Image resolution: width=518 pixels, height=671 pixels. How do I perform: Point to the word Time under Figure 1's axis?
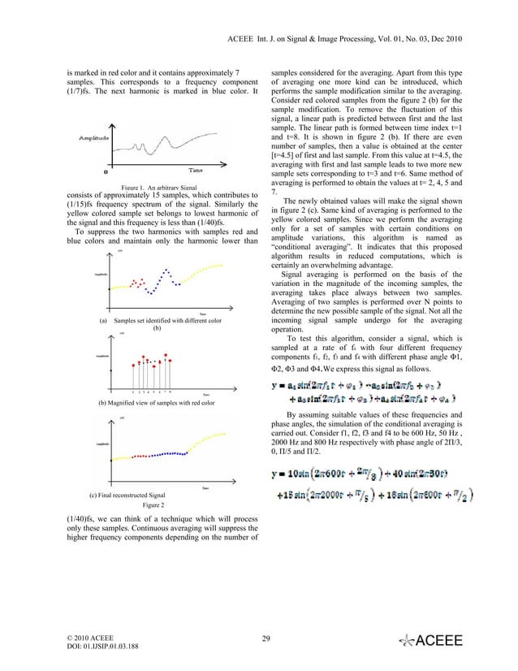pyautogui.click(x=196, y=171)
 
